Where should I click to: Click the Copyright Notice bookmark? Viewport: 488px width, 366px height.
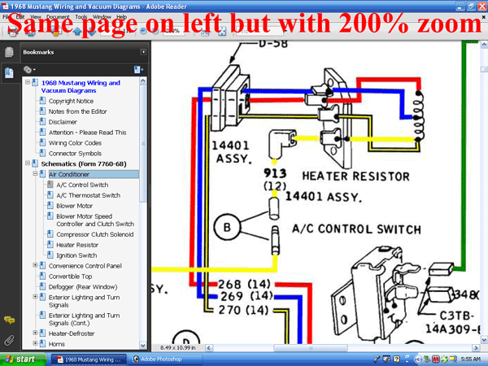point(71,101)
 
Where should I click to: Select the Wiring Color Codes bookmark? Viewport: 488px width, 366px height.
point(76,142)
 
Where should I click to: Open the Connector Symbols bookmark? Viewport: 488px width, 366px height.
point(74,153)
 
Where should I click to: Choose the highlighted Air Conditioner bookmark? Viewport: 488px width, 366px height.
point(71,174)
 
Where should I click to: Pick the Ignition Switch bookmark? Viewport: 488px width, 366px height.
point(76,255)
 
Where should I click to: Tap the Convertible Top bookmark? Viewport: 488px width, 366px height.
point(71,276)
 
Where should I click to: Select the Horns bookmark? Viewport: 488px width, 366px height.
point(57,343)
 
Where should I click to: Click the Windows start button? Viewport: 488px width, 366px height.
point(20,359)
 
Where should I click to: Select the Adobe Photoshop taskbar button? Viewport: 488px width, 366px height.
point(170,359)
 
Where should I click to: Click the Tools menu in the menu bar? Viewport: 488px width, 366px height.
point(79,15)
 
